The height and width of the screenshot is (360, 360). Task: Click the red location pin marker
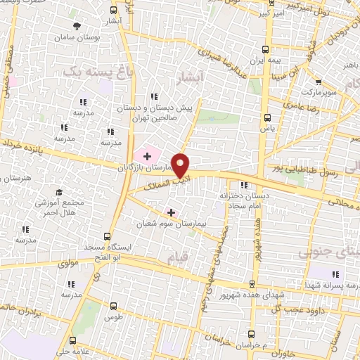click(181, 165)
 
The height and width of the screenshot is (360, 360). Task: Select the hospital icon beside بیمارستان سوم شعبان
click(171, 212)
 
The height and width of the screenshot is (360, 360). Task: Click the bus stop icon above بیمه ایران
click(266, 49)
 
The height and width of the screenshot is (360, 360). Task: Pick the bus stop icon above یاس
click(266, 117)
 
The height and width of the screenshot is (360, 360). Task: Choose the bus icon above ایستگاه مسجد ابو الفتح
click(107, 236)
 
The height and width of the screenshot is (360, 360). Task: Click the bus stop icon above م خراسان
click(250, 335)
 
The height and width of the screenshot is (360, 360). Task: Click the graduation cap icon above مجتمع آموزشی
click(59, 192)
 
